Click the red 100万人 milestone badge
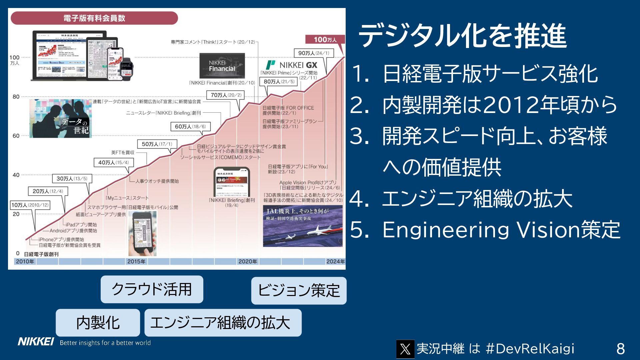(325, 40)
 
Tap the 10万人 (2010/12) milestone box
(30, 205)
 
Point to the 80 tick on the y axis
(16, 97)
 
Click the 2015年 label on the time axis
(136, 261)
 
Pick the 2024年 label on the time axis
(335, 261)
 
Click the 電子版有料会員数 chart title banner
(94, 18)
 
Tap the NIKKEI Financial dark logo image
(222, 66)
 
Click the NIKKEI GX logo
(292, 65)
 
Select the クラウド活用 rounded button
(152, 289)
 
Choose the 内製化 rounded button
(98, 323)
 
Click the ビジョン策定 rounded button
(299, 290)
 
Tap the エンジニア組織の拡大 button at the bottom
(223, 323)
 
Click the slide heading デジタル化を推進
(462, 36)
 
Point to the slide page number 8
(620, 349)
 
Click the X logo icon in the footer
(405, 349)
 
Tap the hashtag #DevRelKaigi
(530, 349)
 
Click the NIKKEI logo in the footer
(36, 342)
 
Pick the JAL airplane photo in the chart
(303, 226)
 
